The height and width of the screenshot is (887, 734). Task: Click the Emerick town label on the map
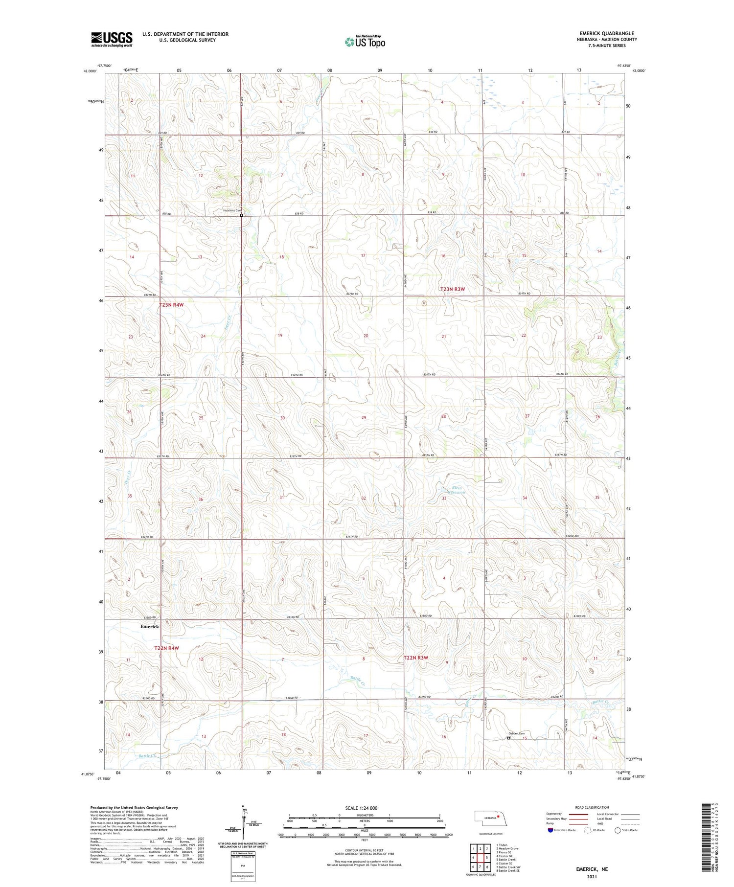150,627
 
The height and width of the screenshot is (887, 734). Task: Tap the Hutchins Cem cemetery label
232,211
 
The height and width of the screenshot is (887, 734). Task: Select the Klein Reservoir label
454,490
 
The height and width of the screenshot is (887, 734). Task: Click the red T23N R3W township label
452,289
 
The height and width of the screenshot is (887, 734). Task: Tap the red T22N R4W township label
166,648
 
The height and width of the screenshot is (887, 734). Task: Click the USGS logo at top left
112,39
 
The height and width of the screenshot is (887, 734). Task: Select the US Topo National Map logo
365,42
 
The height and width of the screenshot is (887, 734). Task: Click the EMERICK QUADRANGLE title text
607,33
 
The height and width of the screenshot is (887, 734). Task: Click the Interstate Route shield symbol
550,830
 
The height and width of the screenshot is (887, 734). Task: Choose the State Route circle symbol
618,830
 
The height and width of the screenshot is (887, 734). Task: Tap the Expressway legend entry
554,814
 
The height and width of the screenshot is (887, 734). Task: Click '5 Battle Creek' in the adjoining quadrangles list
505,860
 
